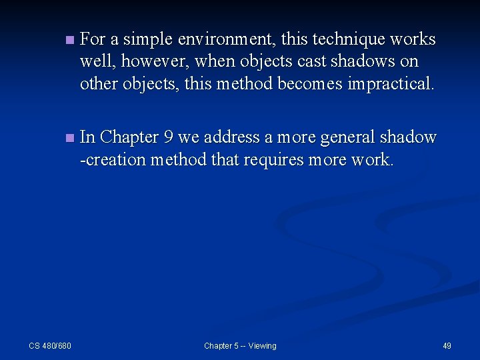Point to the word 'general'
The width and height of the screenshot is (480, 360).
(347, 138)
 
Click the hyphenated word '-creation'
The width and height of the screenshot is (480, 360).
(113, 160)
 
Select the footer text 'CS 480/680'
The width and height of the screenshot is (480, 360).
(50, 345)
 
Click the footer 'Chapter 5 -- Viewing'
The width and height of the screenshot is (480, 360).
(240, 345)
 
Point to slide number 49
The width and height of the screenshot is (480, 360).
(447, 345)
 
